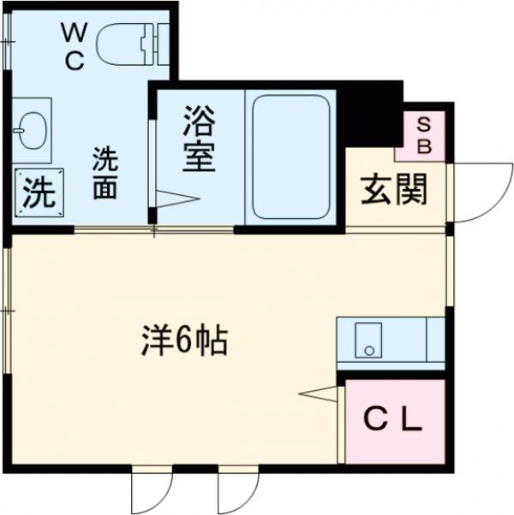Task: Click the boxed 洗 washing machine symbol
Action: [x=37, y=193]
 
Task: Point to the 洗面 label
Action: [x=105, y=173]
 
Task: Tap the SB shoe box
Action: [x=423, y=135]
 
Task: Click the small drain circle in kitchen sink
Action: [x=369, y=350]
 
